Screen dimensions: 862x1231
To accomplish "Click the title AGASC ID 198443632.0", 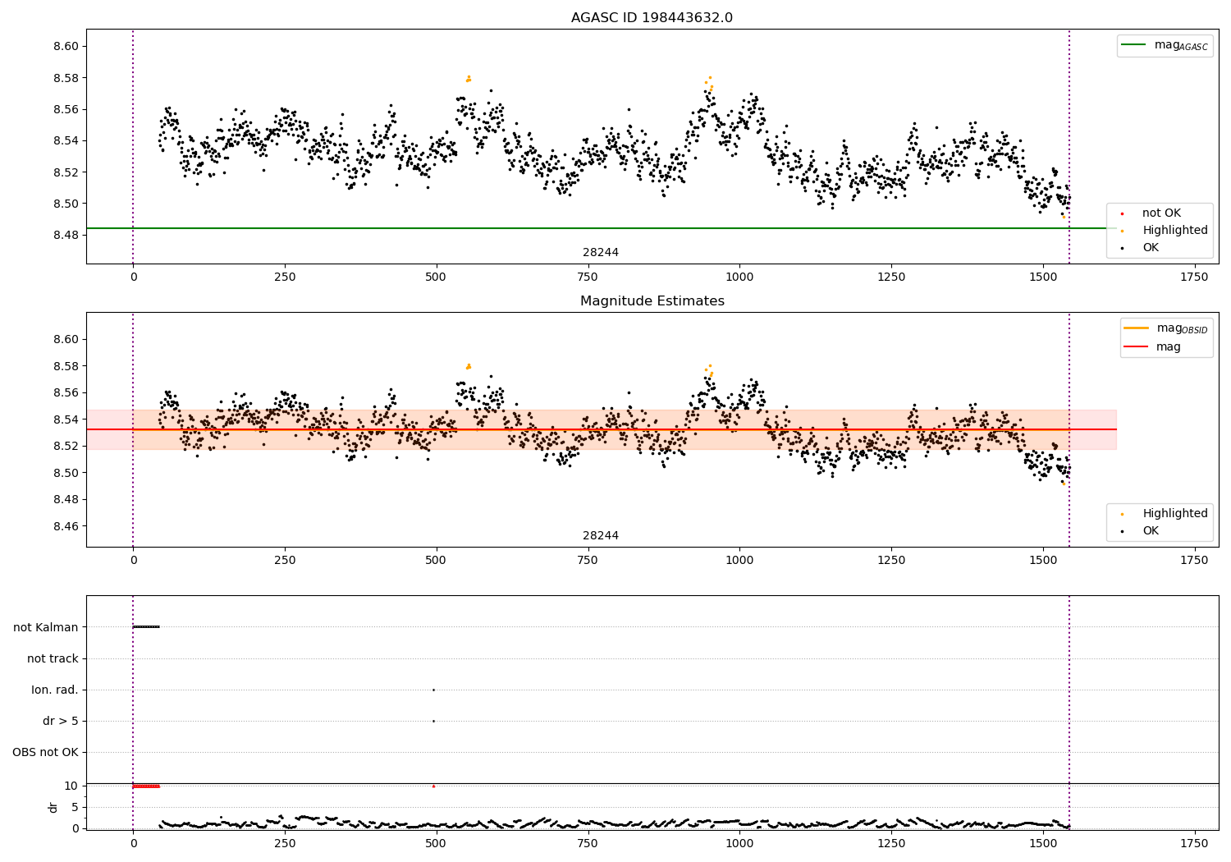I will coord(652,18).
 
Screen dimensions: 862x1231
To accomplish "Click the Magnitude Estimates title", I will coord(652,301).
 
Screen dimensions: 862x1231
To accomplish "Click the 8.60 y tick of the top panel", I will coord(66,46).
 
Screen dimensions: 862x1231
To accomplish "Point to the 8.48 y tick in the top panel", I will coord(66,235).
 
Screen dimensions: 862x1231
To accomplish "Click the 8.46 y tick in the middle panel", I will coord(66,526).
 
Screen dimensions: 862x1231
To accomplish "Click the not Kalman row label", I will coord(46,627).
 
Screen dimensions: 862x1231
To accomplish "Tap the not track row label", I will coord(53,658).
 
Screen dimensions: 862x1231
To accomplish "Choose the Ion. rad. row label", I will coord(55,690).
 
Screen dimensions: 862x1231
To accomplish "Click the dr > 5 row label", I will coord(61,721).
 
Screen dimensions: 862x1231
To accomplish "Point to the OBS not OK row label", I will coord(45,752).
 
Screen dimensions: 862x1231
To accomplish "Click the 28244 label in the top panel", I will coord(601,253).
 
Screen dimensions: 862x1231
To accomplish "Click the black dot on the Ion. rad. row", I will coord(433,690).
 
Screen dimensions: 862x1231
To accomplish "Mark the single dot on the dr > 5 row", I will coord(433,721).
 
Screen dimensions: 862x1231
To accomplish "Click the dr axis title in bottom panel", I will coord(53,807).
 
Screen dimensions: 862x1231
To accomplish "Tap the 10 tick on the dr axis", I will coord(71,786).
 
